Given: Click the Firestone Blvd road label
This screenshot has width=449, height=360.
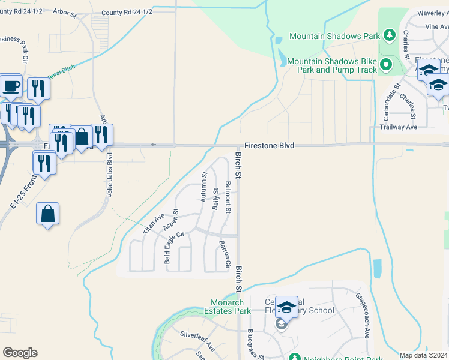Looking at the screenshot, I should click(x=269, y=146).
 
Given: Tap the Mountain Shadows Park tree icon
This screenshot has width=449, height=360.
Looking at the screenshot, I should click(x=389, y=35).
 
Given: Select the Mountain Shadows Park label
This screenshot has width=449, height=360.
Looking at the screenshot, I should click(x=334, y=36).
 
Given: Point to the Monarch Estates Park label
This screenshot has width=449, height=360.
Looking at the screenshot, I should click(x=231, y=307).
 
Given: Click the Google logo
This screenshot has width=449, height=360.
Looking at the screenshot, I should click(x=20, y=353).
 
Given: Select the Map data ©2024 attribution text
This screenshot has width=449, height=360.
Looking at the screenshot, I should click(x=423, y=355).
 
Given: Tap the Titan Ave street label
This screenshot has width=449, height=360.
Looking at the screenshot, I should click(x=154, y=223).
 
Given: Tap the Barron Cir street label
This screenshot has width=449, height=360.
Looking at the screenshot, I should click(x=226, y=254).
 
